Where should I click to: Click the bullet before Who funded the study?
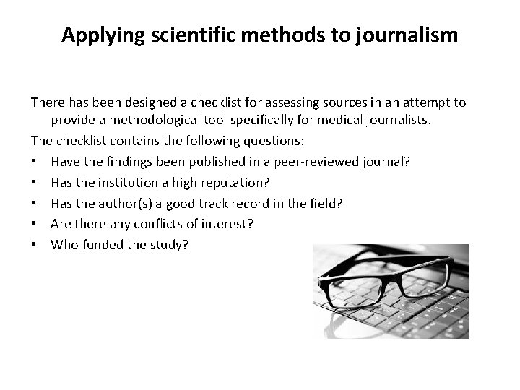tap(35, 245)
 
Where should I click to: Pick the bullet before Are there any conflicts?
tap(35, 224)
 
